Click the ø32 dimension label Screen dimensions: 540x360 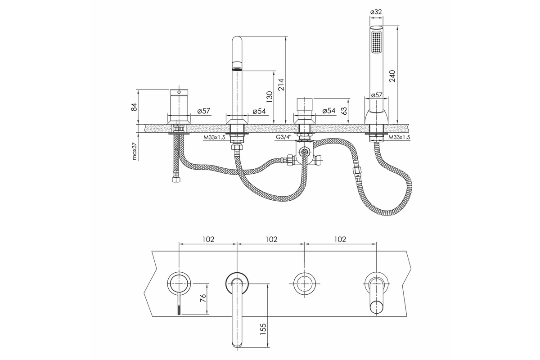point(376,12)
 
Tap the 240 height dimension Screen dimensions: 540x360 point(392,76)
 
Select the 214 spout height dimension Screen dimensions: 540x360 point(281,85)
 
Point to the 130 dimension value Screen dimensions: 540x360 point(270,97)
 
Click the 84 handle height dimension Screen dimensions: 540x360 point(134,107)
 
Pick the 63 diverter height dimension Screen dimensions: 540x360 point(344,111)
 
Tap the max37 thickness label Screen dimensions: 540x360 point(134,151)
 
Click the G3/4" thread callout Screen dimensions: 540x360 point(284,137)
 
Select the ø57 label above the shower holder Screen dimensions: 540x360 point(376,95)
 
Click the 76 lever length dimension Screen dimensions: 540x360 point(203,298)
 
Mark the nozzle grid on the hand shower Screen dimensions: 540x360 point(376,42)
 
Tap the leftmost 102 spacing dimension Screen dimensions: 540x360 point(208,239)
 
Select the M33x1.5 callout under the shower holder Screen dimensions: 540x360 point(399,137)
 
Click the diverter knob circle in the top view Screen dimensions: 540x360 point(305,284)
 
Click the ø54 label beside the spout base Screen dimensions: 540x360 point(259,111)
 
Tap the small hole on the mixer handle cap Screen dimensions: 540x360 point(179,92)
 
